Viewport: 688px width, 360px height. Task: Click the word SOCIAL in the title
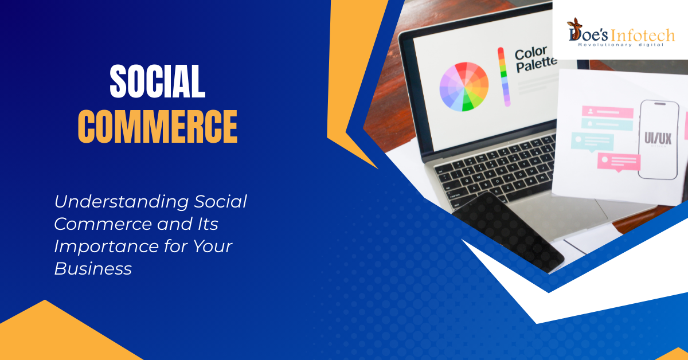157,81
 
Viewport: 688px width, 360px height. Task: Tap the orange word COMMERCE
158,126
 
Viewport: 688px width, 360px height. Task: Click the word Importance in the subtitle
106,246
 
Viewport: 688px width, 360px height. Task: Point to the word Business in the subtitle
93,269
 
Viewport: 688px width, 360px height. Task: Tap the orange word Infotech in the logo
642,36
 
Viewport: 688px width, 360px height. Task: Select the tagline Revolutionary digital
621,45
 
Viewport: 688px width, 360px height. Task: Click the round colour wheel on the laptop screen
464,87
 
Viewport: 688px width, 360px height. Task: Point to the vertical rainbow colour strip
504,77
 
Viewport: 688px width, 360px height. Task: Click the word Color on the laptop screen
531,53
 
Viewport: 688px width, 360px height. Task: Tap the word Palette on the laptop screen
536,65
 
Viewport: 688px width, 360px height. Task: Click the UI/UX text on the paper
658,138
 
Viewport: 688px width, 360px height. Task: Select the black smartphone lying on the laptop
509,233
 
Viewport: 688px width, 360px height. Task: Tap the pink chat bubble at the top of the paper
608,112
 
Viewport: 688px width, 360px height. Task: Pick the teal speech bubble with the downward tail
592,142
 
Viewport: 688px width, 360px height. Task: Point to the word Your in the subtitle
213,246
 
